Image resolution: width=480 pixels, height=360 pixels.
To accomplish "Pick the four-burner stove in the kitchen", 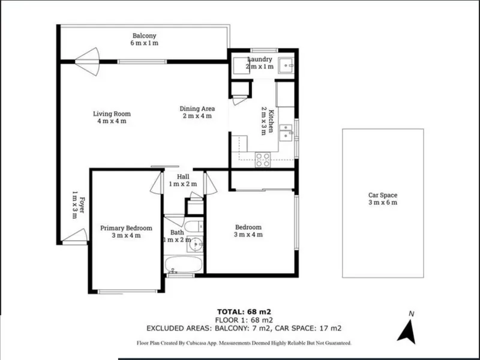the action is pyautogui.click(x=263, y=160).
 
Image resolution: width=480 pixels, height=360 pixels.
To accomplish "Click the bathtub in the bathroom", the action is pyautogui.click(x=184, y=264).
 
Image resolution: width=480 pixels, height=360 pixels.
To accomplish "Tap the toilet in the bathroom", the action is pyautogui.click(x=194, y=226).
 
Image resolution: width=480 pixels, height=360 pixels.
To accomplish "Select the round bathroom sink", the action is pyautogui.click(x=196, y=244).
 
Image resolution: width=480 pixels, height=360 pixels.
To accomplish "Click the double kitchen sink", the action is pyautogui.click(x=286, y=133).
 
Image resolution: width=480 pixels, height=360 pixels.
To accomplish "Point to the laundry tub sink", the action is pyautogui.click(x=286, y=65).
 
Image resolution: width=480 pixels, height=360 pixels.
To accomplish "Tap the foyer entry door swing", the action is pyautogui.click(x=76, y=236).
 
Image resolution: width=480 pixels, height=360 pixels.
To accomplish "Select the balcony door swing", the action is pyautogui.click(x=88, y=62).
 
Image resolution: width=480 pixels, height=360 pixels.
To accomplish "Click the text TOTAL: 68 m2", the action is pyautogui.click(x=244, y=312).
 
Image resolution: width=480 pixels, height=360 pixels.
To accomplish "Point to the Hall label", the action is pyautogui.click(x=183, y=176).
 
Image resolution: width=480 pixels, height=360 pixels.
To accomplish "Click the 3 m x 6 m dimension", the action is pyautogui.click(x=383, y=202).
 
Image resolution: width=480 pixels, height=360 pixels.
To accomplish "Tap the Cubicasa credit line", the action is pyautogui.click(x=244, y=343).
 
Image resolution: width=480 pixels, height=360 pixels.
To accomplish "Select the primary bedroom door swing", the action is pyautogui.click(x=156, y=183).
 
